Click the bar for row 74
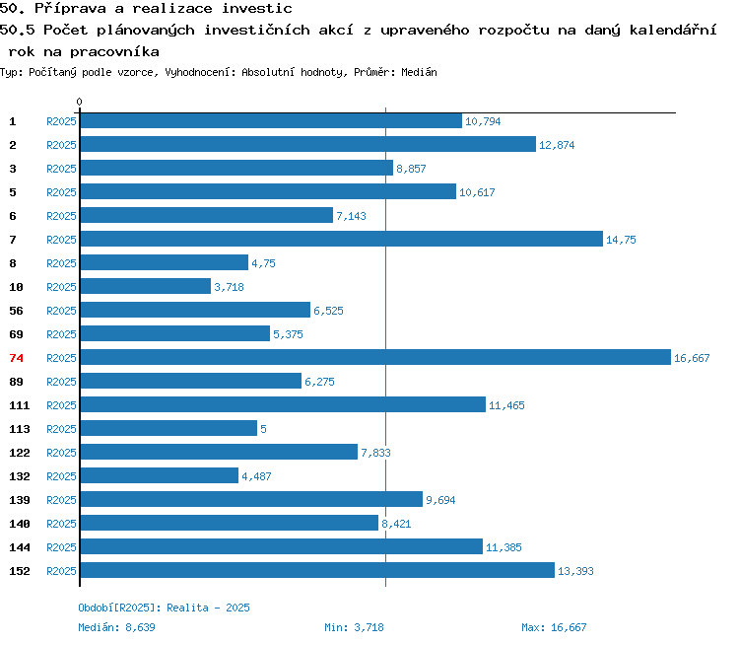(375, 357)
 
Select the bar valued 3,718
(146, 286)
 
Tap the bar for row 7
(342, 239)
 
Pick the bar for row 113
(168, 428)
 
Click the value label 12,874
(557, 145)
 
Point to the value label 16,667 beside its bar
(692, 358)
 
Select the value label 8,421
(396, 524)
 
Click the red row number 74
(16, 358)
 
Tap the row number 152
(20, 571)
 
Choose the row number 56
(16, 311)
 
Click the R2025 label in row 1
(61, 121)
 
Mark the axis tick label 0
(79, 102)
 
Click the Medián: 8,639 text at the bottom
(116, 627)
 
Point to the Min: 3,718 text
(354, 627)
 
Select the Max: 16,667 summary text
(554, 627)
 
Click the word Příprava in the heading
(70, 9)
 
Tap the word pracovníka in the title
(114, 52)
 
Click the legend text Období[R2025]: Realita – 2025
(164, 608)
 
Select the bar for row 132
(160, 475)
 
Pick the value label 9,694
(440, 500)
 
